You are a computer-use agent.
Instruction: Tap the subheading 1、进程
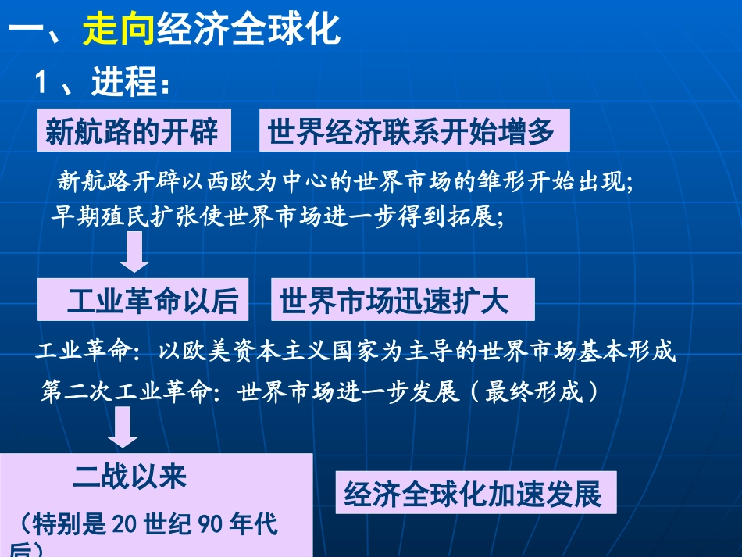click(102, 83)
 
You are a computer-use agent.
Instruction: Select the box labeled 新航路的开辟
click(131, 131)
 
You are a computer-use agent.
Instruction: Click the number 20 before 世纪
click(124, 523)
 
